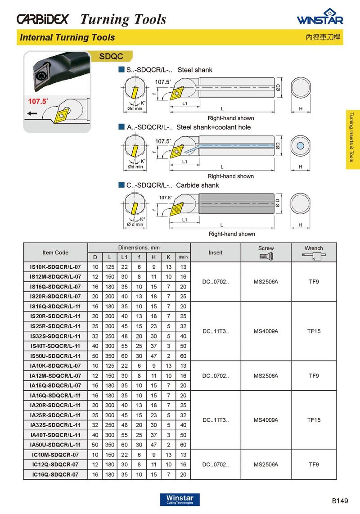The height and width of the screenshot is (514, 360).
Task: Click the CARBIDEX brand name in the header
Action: coord(43,19)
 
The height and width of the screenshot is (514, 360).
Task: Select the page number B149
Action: coord(340,500)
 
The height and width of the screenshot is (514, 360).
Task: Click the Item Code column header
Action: coord(55,252)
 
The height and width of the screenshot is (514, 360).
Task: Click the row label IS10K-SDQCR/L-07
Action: coord(55,267)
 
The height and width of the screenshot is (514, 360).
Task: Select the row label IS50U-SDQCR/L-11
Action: coord(55,356)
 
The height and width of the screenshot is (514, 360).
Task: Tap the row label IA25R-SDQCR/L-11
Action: coord(55,415)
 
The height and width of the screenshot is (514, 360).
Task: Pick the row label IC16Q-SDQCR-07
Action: coord(55,474)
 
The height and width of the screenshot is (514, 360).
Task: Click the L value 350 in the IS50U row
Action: coord(109,356)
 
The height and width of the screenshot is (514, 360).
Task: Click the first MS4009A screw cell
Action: coord(266,331)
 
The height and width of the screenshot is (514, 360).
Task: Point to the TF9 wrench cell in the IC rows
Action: coord(314,464)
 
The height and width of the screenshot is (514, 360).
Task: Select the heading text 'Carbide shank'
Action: coord(198,185)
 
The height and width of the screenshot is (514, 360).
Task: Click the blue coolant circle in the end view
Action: coord(301,145)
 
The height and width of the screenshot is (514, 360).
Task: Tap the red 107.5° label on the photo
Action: coord(38,102)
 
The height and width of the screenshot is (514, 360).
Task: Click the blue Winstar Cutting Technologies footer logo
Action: coord(180,500)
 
